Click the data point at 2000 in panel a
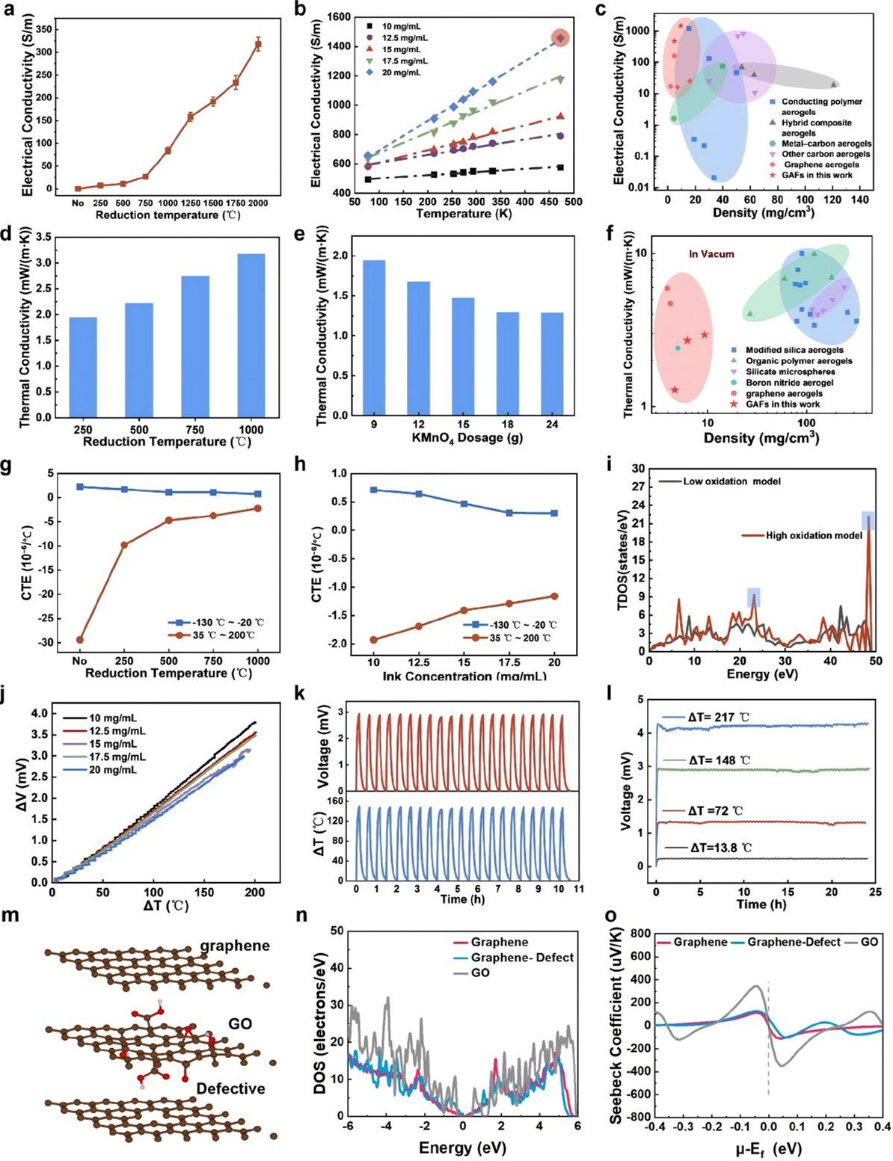pyautogui.click(x=258, y=44)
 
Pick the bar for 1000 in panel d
pyautogui.click(x=251, y=335)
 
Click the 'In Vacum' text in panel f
pyautogui.click(x=711, y=254)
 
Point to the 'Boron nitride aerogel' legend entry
pyautogui.click(x=789, y=382)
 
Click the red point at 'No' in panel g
pyautogui.click(x=79, y=639)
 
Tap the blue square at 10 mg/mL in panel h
pyautogui.click(x=374, y=490)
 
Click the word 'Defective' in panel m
pyautogui.click(x=230, y=1088)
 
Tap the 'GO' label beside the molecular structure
pyautogui.click(x=239, y=1023)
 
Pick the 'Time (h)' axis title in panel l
pyautogui.click(x=761, y=904)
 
